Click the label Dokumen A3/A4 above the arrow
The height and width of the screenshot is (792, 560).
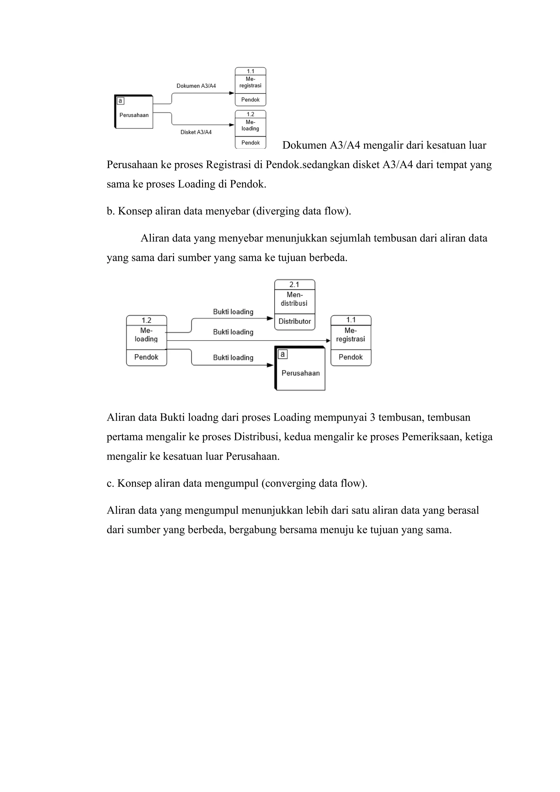196,86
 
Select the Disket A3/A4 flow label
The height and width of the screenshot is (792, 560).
196,132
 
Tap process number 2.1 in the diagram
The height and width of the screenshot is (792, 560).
294,285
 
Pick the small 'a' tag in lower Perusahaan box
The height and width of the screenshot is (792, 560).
282,354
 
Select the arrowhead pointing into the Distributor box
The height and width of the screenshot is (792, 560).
270,318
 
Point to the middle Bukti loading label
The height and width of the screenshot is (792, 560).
233,332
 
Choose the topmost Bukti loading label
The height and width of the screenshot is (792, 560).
233,312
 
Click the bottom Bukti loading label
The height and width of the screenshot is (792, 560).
233,358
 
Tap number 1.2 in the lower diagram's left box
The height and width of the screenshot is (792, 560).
146,320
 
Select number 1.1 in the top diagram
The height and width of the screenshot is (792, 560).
250,71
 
